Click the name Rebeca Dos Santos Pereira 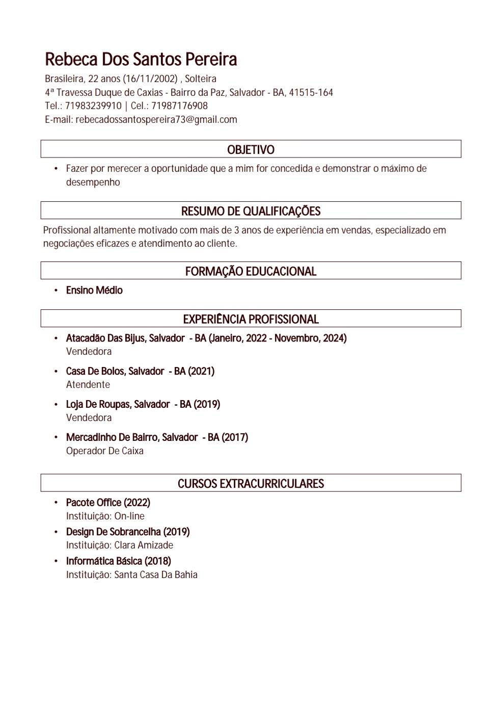tap(141, 60)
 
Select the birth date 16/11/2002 tap(150, 79)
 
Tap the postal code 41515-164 tap(311, 93)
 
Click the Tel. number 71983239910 tap(93, 106)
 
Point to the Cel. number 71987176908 tap(179, 106)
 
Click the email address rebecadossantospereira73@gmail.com tap(156, 120)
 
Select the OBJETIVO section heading tap(251, 149)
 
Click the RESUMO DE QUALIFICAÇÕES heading tap(251, 211)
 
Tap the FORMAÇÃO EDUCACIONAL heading tap(251, 271)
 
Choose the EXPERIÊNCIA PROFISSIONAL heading tap(251, 319)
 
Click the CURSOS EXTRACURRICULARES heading tap(251, 484)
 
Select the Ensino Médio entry tap(94, 291)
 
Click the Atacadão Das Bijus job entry tap(125, 338)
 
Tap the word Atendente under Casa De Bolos tap(88, 385)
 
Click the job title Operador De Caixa tap(105, 451)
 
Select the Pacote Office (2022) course tap(108, 503)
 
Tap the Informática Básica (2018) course tap(118, 561)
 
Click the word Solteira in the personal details tap(201, 79)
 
